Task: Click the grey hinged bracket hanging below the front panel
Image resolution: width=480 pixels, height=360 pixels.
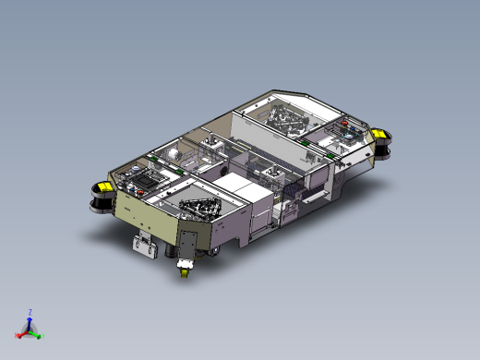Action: (145, 246)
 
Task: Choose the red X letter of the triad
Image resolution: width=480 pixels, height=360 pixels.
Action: (16, 336)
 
